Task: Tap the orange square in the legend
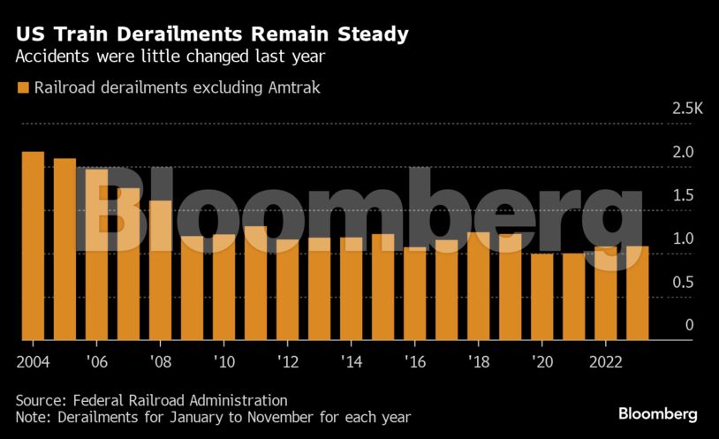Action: click(22, 87)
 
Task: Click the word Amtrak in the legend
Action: click(292, 87)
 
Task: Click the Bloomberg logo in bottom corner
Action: click(657, 413)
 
